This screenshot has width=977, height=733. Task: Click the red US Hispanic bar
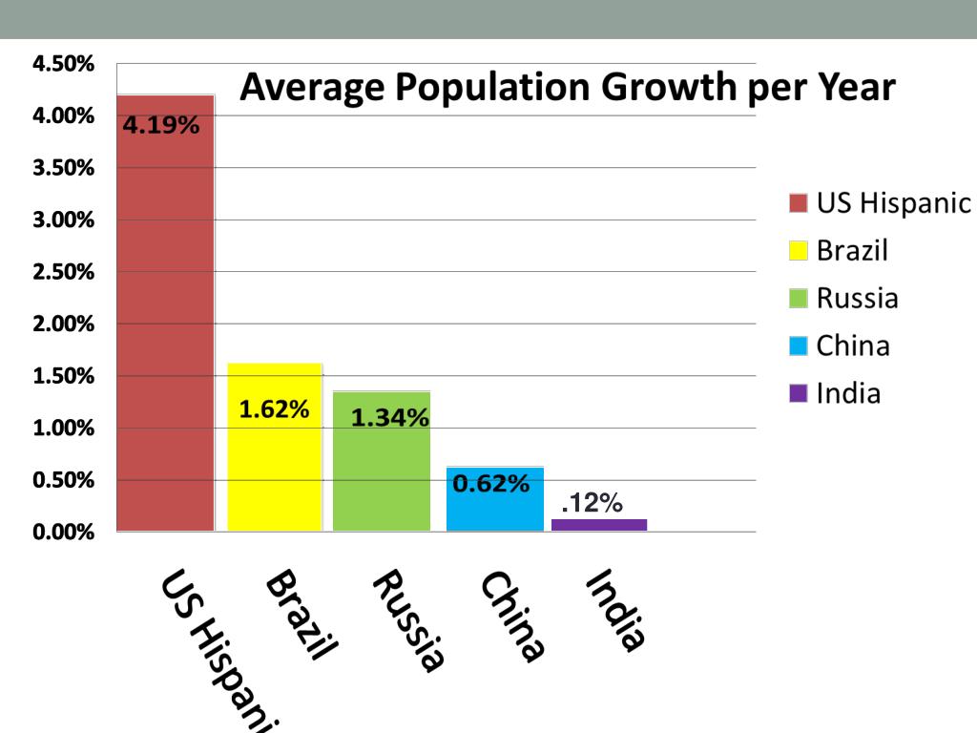point(165,315)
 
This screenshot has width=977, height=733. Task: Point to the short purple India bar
point(599,525)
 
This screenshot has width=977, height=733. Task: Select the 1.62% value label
point(274,409)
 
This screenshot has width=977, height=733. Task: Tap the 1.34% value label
point(389,417)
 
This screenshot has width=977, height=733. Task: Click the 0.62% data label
point(490,484)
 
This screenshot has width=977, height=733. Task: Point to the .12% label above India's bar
point(592,503)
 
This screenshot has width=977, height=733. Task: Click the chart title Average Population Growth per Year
point(567,88)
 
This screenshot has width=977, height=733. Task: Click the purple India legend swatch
point(799,393)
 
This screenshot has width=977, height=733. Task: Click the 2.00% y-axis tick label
point(64,324)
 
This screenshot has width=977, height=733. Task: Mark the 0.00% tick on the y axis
point(64,532)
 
